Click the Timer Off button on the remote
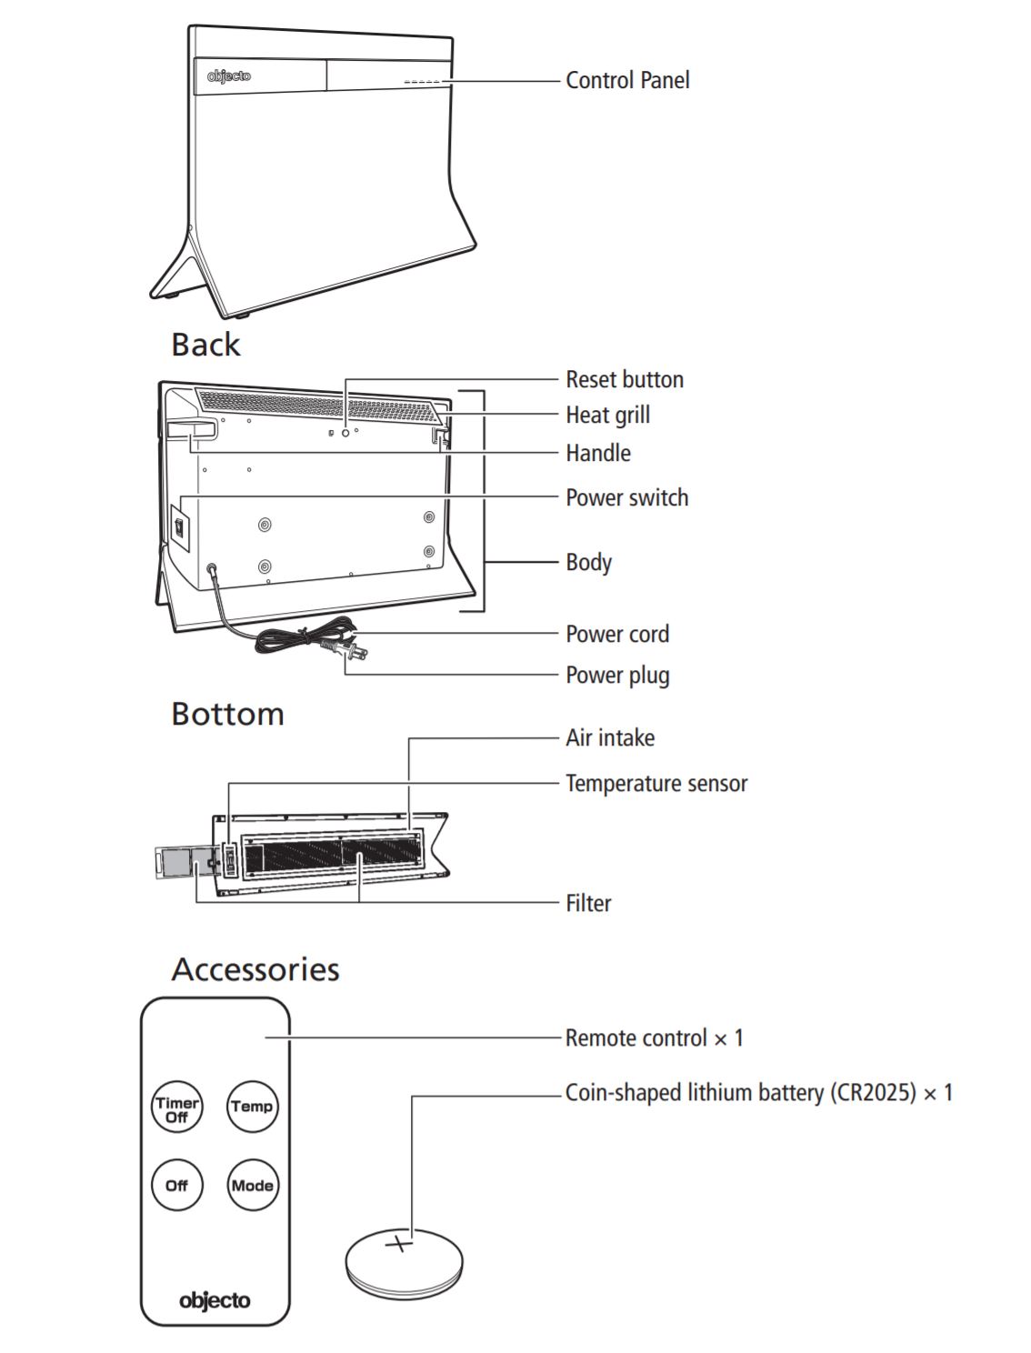point(176,1108)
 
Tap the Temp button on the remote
point(252,1107)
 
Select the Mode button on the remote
point(252,1186)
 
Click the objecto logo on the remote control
point(215,1300)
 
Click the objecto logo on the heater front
point(228,76)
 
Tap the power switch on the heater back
point(180,527)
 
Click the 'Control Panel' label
point(627,80)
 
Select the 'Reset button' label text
point(625,379)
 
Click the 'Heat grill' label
point(607,415)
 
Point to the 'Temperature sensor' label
point(656,783)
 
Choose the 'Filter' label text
point(588,903)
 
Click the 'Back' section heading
point(206,345)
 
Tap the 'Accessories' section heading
point(255,969)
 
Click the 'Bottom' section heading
point(228,714)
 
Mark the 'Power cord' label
point(617,634)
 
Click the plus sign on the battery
point(399,1242)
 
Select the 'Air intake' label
point(610,737)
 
